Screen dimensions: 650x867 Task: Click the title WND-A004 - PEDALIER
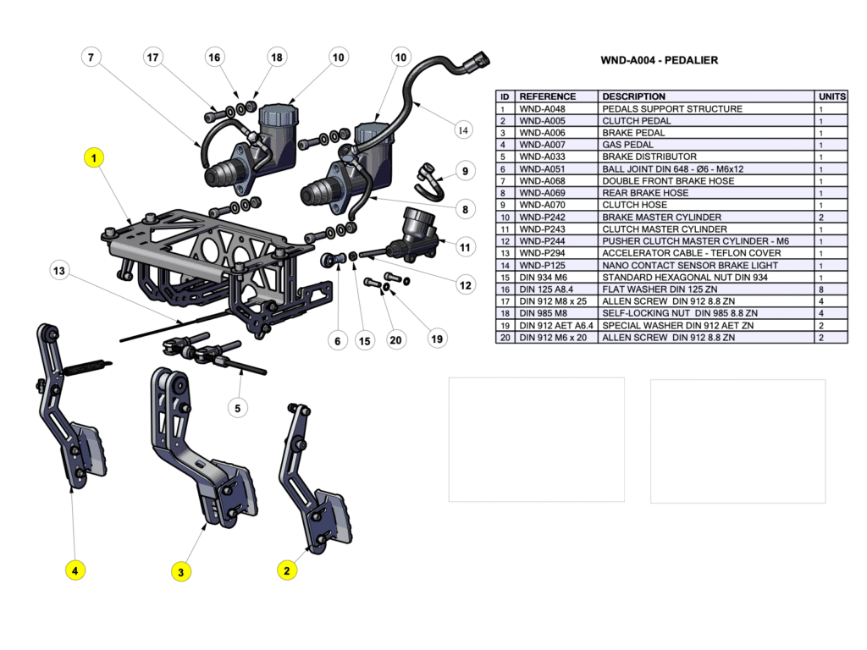(659, 61)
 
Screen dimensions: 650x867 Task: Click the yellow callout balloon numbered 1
(94, 157)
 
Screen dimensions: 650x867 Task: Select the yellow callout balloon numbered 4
(75, 570)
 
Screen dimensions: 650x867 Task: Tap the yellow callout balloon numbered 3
(180, 572)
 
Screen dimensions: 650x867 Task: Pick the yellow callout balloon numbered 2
(287, 570)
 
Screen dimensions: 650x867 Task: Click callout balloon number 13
(58, 272)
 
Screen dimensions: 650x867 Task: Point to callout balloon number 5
(237, 408)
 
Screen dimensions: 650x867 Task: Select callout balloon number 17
(152, 58)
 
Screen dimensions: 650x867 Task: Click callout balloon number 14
(462, 130)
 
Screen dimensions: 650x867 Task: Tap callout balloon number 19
(437, 339)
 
